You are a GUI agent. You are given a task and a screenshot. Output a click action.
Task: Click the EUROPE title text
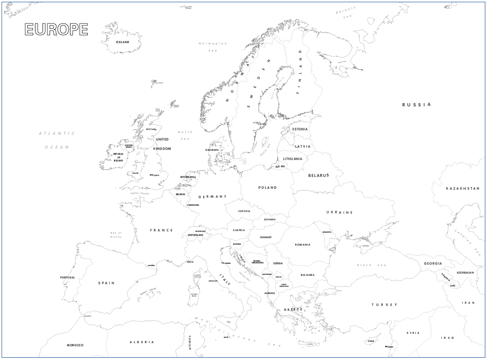[56, 29]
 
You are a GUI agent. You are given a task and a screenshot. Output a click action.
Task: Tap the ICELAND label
[122, 42]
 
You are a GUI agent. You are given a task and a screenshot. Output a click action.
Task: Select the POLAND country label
[267, 188]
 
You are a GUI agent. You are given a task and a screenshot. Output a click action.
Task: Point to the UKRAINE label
[339, 212]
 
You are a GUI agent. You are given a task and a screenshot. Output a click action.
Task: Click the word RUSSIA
[416, 105]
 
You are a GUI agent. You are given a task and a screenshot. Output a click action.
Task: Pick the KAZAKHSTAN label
[462, 188]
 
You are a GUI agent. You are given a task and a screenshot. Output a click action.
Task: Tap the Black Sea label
[371, 265]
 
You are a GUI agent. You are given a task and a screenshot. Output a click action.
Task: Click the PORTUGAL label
[68, 278]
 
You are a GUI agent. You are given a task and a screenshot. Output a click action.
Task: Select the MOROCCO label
[75, 345]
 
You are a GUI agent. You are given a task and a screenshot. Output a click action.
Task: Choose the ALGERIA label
[142, 342]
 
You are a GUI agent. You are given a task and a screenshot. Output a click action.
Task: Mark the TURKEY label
[384, 305]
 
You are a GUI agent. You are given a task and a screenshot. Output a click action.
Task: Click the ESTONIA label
[300, 129]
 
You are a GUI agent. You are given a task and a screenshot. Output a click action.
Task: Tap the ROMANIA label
[303, 245]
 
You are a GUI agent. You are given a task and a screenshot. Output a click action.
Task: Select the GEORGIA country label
[432, 263]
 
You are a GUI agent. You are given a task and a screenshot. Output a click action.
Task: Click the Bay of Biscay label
[116, 235]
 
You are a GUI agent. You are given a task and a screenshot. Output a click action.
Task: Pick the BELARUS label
[319, 175]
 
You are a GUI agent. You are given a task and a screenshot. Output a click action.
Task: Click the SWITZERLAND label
[195, 235]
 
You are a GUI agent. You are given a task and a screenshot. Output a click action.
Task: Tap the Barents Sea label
[345, 12]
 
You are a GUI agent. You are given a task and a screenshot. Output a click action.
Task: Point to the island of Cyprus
[370, 340]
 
